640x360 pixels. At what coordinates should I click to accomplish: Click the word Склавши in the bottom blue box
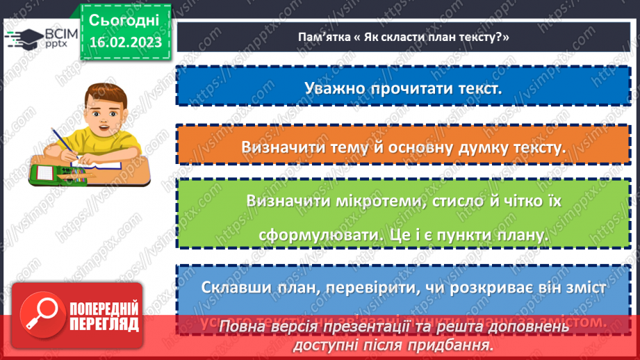pyautogui.click(x=236, y=287)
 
